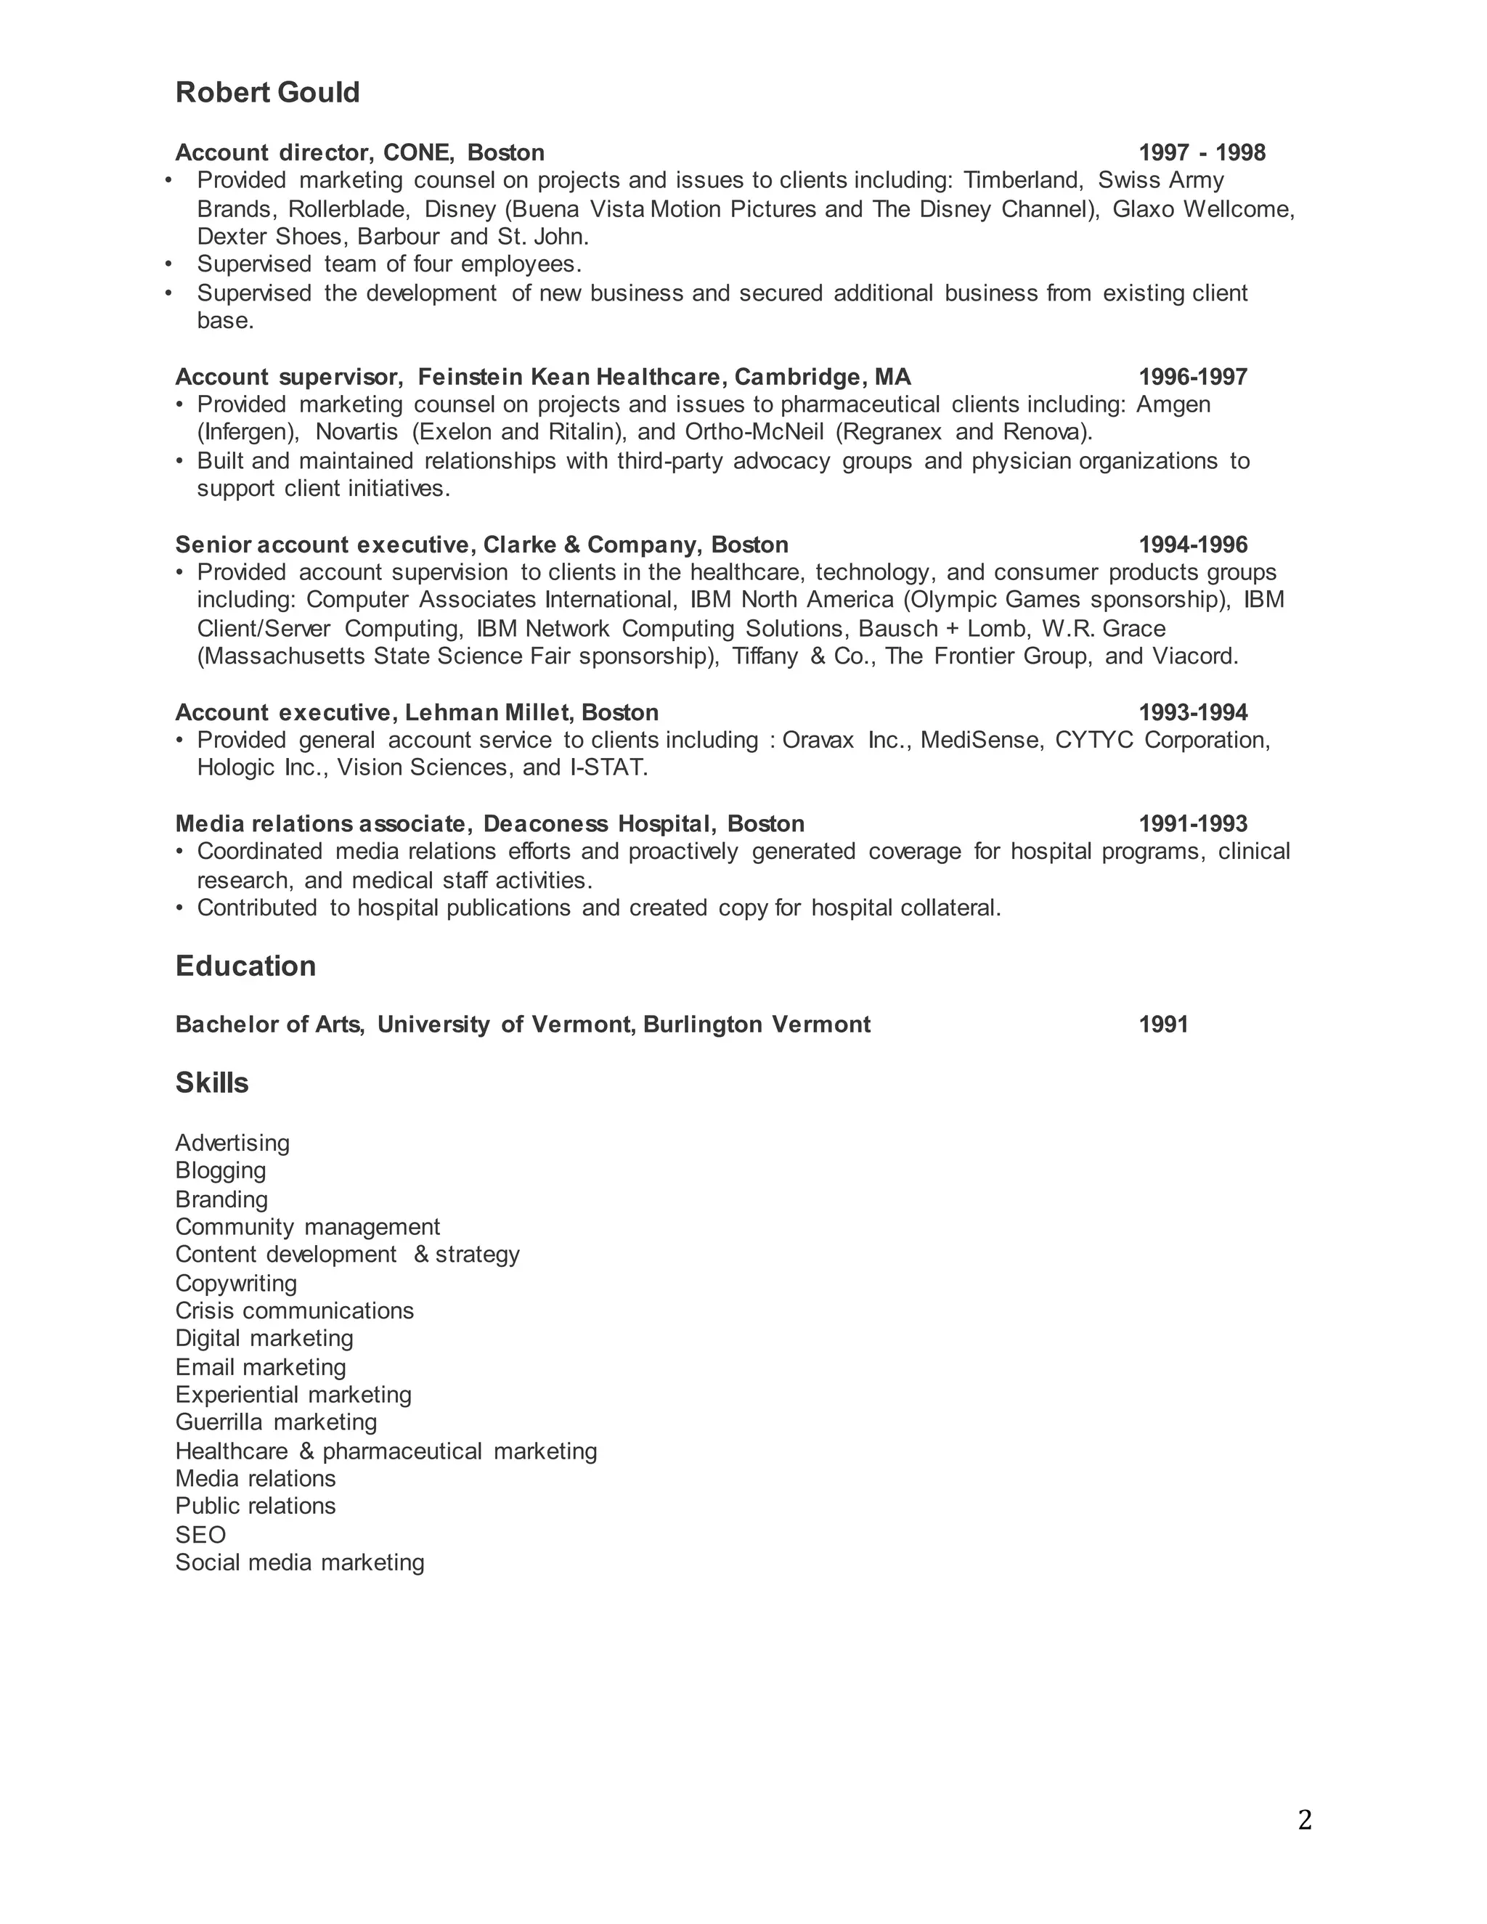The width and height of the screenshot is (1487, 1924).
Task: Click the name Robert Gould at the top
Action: [267, 92]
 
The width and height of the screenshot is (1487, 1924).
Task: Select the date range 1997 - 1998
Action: [1202, 152]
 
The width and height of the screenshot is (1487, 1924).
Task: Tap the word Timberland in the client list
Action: [1022, 181]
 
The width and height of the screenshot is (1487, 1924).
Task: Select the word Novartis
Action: [356, 432]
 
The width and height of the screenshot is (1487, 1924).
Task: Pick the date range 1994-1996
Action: [1193, 545]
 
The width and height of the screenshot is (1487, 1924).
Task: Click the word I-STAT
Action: [608, 767]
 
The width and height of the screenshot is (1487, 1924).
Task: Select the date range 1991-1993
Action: [1193, 824]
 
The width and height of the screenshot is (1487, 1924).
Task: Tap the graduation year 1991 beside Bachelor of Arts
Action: [1163, 1024]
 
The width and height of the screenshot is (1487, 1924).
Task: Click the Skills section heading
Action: [211, 1083]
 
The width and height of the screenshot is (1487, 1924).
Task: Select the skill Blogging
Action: [220, 1171]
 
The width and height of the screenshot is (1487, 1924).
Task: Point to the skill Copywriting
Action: [235, 1283]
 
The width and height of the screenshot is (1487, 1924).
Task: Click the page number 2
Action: [1305, 1820]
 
